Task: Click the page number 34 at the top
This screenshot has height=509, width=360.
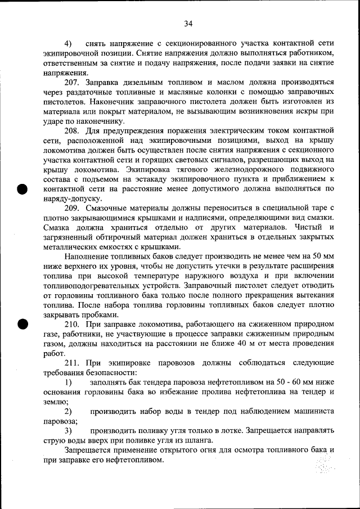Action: coord(188,23)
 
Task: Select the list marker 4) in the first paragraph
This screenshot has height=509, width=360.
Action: coord(68,43)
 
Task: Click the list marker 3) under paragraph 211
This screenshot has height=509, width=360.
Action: coord(68,430)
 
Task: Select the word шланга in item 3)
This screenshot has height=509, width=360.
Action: coord(197,440)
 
